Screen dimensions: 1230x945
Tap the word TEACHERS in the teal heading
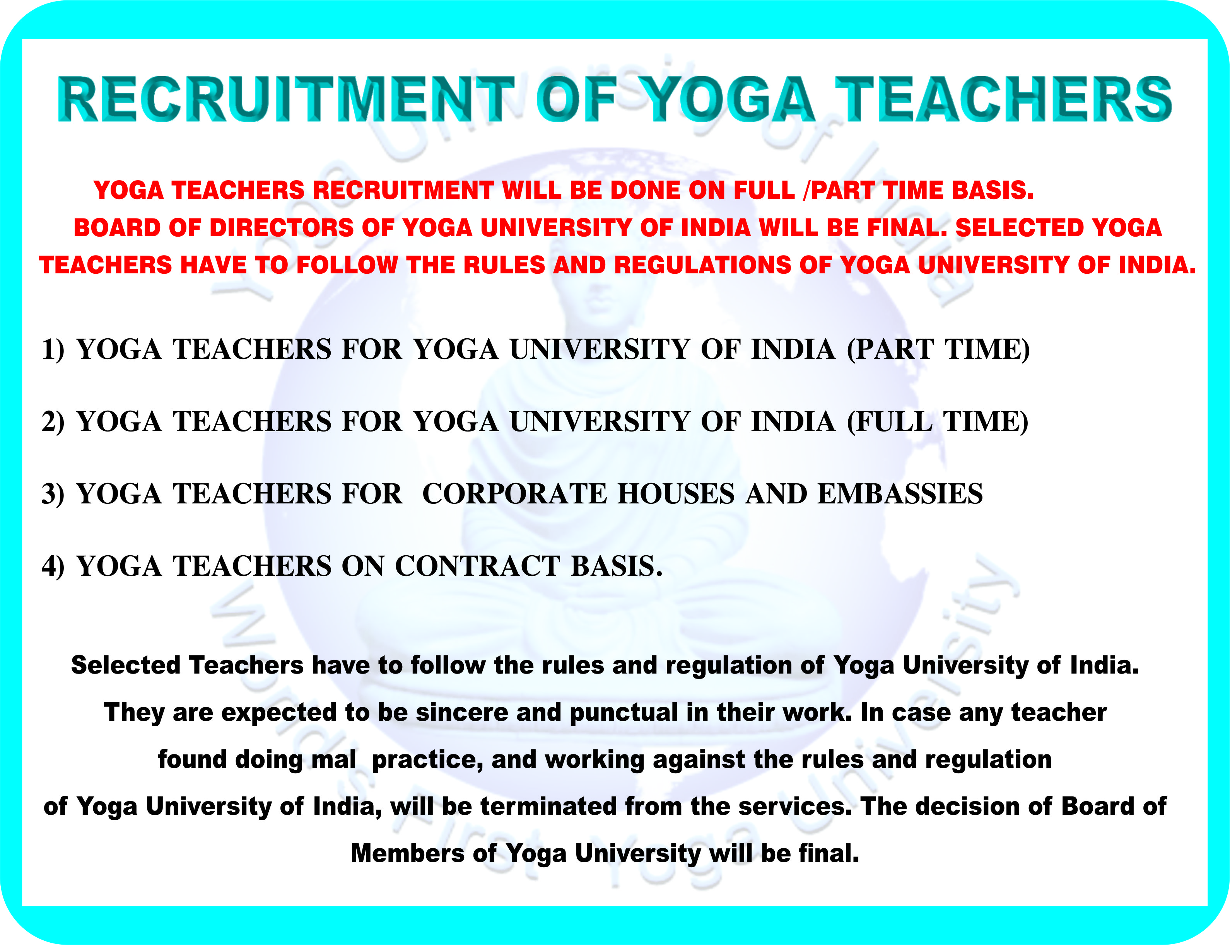tap(1003, 99)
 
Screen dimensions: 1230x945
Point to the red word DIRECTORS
tap(281, 228)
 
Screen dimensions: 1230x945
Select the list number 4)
tap(53, 566)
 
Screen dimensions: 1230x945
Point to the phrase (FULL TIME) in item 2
tap(938, 422)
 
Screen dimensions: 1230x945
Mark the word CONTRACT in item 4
tap(478, 566)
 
